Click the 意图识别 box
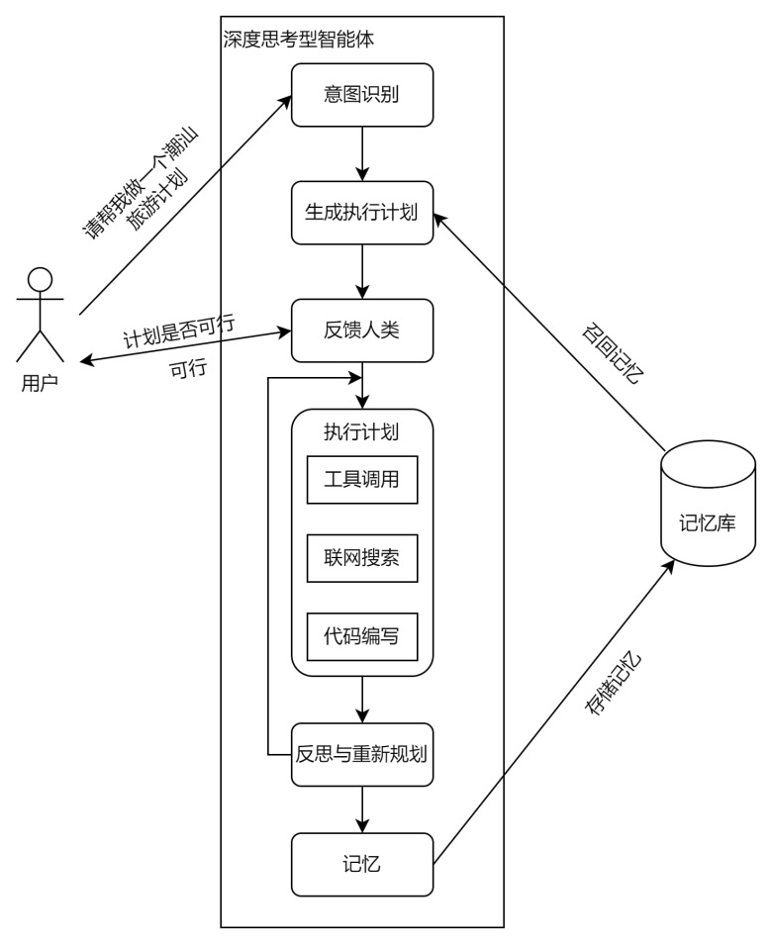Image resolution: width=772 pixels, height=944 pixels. (x=362, y=95)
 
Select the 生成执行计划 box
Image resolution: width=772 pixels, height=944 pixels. (x=362, y=213)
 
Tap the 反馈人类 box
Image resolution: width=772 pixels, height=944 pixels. (x=362, y=330)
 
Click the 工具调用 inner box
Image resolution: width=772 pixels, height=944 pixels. (x=362, y=480)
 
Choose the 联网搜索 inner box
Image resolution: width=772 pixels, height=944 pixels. (x=362, y=558)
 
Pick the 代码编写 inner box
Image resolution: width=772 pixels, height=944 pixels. (x=362, y=636)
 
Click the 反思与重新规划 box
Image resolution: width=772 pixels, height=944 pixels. (x=362, y=754)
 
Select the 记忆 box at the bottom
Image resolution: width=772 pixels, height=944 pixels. (x=362, y=864)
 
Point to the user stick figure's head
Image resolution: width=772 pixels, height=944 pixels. (x=40, y=279)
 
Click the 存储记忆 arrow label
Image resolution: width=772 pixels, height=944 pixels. (x=614, y=683)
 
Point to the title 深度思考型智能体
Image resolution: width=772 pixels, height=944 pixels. (x=299, y=41)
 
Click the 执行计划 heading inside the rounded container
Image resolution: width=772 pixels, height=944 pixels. (x=362, y=432)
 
